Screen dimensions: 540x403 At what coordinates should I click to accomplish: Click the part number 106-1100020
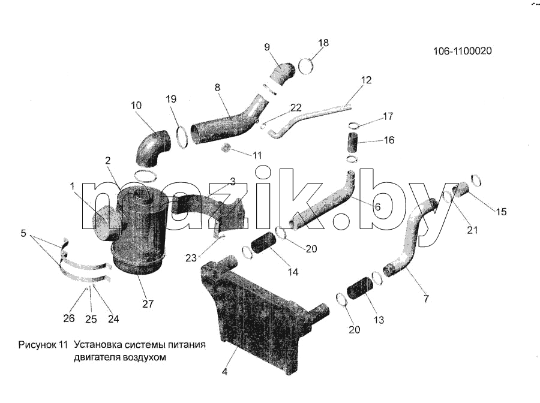pos(463,51)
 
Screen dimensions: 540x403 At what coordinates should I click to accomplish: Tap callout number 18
pos(323,43)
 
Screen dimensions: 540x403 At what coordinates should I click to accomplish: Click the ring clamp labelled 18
pos(305,66)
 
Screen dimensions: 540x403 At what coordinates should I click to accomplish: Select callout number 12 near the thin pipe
pos(367,80)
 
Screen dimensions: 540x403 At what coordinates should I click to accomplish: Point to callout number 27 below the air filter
pos(148,304)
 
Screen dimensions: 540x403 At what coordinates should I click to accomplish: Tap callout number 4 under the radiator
pos(224,372)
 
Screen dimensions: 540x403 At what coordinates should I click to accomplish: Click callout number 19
pos(171,99)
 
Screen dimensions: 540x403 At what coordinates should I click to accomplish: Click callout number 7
pos(426,299)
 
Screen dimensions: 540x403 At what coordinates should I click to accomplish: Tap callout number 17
pos(388,116)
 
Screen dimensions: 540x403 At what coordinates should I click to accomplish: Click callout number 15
pos(501,211)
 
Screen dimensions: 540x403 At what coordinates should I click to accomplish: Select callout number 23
pos(191,258)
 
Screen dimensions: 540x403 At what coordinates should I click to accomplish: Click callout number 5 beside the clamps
pos(23,233)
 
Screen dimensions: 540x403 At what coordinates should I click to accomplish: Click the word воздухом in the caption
pos(143,357)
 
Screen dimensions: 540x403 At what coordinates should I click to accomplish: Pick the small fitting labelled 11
pos(225,148)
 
